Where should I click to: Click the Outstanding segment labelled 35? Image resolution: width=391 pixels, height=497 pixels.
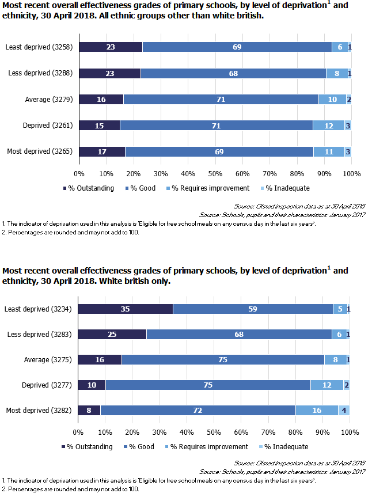point(125,309)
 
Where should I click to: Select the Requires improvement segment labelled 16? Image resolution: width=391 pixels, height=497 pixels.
point(317,411)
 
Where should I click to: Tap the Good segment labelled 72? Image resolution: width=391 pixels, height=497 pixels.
point(198,411)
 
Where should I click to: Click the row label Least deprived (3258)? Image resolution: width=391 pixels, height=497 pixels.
point(39,47)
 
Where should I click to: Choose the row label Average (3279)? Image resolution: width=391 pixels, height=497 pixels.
point(48,100)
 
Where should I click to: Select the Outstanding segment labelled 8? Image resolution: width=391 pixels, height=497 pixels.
point(89,411)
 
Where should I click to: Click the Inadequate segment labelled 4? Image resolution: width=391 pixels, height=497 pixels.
point(344,411)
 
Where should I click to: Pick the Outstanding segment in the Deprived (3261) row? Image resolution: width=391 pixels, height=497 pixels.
point(100,126)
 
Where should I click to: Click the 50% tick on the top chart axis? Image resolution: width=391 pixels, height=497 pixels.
point(215,173)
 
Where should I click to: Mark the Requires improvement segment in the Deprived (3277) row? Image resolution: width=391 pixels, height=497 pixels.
point(327,385)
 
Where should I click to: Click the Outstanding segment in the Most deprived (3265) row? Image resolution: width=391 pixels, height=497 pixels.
point(102,151)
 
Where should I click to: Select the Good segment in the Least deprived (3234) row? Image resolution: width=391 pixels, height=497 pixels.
point(253,309)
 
